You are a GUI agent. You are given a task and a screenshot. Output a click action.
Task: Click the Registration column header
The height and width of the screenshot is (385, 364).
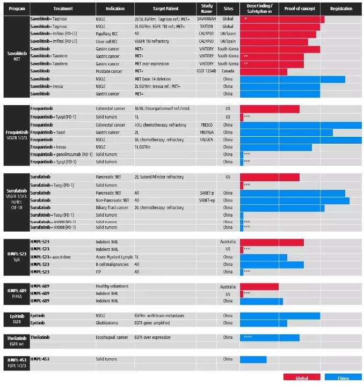[x=341, y=9]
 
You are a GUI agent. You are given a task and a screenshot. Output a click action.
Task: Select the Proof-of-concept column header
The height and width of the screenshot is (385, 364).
[x=299, y=9]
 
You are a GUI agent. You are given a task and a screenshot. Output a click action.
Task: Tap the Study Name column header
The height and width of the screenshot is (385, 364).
[x=207, y=9]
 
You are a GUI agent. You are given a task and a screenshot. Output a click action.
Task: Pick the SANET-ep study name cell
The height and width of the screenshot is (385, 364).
[x=207, y=200]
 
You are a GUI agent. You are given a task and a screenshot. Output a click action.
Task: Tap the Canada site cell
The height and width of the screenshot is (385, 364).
[x=228, y=71]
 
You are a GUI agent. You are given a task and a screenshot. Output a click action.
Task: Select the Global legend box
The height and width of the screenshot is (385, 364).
[x=302, y=378]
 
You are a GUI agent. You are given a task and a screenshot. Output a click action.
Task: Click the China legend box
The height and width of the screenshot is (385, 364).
[x=343, y=378]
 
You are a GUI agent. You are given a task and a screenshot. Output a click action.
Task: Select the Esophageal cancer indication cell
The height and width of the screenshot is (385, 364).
[x=112, y=337]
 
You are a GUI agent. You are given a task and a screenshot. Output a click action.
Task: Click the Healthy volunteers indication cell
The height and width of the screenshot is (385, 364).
[x=112, y=286]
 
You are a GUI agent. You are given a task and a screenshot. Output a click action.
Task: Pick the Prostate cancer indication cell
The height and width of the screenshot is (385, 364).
[x=109, y=71]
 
